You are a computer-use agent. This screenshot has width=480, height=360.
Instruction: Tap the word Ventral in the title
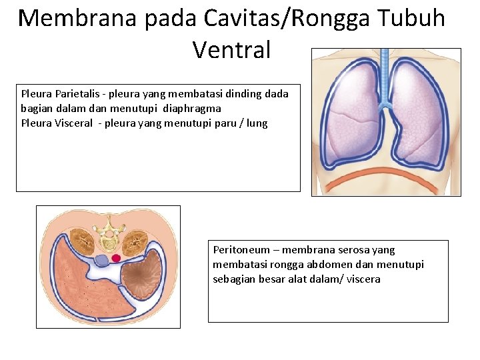231,49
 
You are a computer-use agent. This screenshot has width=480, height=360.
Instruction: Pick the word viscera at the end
363,279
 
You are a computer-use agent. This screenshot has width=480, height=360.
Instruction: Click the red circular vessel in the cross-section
116,258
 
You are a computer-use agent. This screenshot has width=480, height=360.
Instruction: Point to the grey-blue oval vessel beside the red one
102,260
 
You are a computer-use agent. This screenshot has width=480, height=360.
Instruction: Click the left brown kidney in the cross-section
82,239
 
